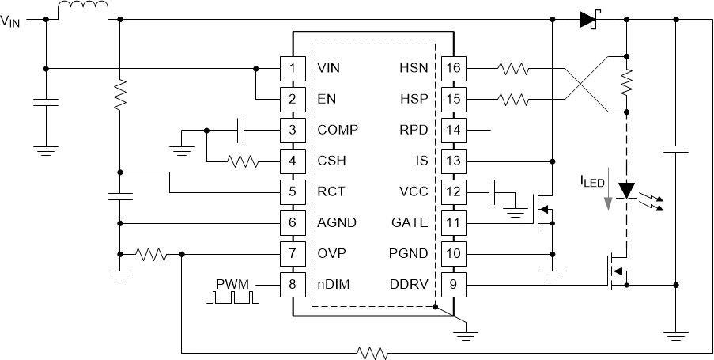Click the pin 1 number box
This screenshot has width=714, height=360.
[x=293, y=68]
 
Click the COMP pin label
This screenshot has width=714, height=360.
[x=336, y=130]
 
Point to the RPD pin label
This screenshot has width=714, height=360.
[x=413, y=130]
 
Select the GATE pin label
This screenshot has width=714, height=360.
[x=410, y=223]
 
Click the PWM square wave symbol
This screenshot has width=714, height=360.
[x=232, y=297]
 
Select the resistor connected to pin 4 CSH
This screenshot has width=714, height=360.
[x=242, y=161]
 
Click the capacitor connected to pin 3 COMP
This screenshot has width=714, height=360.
[x=243, y=130]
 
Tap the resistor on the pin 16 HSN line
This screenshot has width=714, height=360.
[x=514, y=68]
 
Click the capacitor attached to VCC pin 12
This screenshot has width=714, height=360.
[x=494, y=191]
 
